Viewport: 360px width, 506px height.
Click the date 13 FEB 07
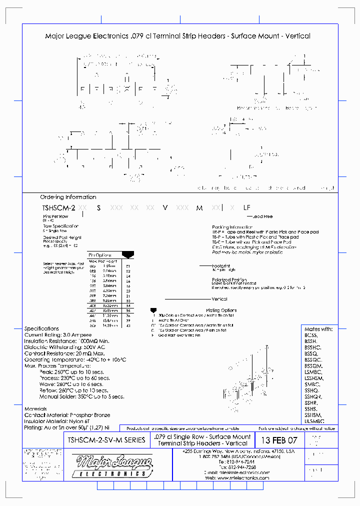pos(278,440)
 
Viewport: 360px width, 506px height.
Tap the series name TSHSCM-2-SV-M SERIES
pos(106,440)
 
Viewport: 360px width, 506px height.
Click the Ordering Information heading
pos(68,197)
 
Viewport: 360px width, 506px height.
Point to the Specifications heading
pos(41,328)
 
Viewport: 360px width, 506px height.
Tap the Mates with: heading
pos(318,329)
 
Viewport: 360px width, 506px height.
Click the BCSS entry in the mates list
pos(310,335)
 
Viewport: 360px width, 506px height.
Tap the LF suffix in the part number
pos(246,207)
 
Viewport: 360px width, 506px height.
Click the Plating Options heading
pos(221,310)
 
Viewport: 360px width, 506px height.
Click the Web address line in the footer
pos(237,477)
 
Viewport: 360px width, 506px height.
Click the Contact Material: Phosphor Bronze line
pos(67,415)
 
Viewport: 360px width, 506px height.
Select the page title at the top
pos(177,36)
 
